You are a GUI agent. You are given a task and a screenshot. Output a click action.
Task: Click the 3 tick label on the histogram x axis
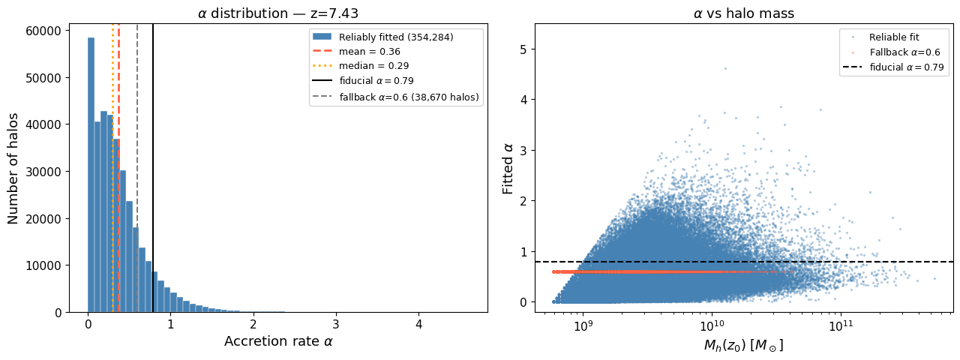click(x=336, y=325)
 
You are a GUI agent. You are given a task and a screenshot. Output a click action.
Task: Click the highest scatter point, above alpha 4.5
click(x=725, y=68)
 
